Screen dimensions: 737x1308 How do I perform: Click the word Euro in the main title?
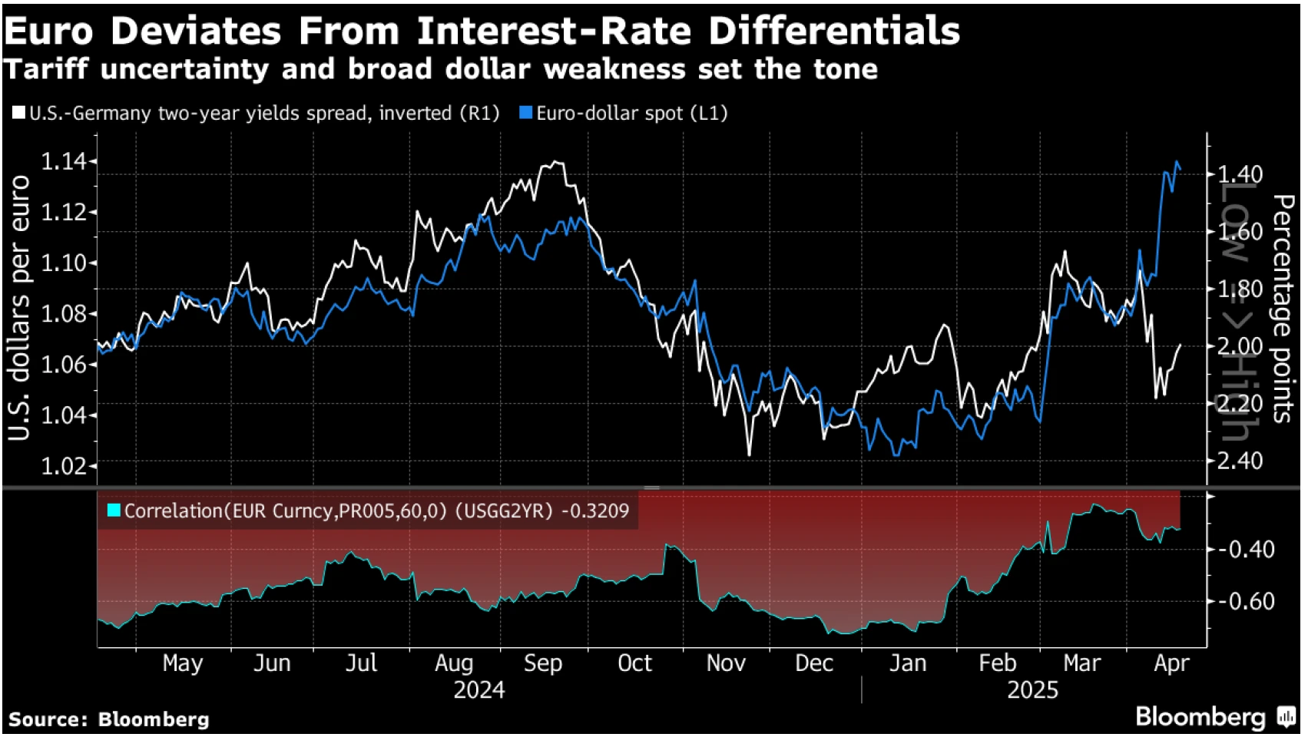(x=49, y=32)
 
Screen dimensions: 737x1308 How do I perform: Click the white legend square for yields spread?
(x=18, y=114)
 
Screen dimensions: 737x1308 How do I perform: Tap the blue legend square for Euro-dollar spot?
(x=526, y=114)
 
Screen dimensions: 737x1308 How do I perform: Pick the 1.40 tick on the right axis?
(x=1240, y=174)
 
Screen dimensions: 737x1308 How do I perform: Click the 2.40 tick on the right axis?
(x=1240, y=461)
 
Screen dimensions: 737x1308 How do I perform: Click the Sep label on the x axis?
(x=543, y=663)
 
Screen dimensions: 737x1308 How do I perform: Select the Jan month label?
(x=908, y=663)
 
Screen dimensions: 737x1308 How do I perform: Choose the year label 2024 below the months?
(x=479, y=690)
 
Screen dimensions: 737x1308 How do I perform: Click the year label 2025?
(x=1032, y=690)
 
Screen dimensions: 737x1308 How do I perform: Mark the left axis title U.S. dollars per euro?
(x=20, y=307)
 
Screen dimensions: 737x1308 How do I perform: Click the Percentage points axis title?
(x=1281, y=307)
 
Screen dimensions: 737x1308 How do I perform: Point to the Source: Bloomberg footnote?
(x=109, y=719)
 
